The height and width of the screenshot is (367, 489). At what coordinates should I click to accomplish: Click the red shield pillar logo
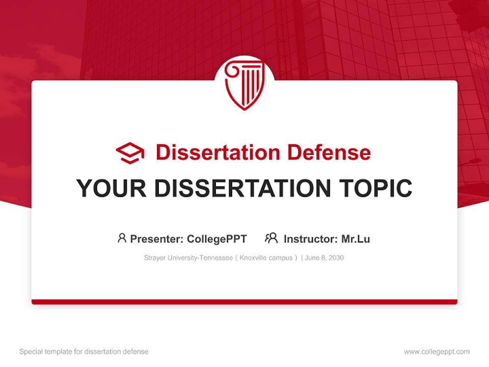pyautogui.click(x=244, y=84)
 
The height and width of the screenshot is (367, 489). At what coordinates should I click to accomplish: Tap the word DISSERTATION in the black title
pyautogui.click(x=242, y=189)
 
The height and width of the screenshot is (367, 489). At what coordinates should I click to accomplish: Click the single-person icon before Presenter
pyautogui.click(x=122, y=238)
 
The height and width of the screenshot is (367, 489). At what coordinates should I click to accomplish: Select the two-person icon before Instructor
pyautogui.click(x=271, y=238)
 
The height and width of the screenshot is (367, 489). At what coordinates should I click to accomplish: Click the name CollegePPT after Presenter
pyautogui.click(x=217, y=239)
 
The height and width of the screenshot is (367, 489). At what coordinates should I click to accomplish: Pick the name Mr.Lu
pyautogui.click(x=356, y=239)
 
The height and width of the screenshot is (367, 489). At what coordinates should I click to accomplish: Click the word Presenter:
pyautogui.click(x=157, y=239)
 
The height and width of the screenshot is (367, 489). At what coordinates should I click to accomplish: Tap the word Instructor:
pyautogui.click(x=310, y=239)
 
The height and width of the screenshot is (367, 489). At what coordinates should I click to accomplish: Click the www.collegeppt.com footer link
pyautogui.click(x=437, y=352)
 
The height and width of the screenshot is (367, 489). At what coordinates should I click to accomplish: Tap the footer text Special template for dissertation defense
pyautogui.click(x=84, y=352)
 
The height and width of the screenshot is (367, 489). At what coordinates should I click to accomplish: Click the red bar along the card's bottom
pyautogui.click(x=244, y=302)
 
